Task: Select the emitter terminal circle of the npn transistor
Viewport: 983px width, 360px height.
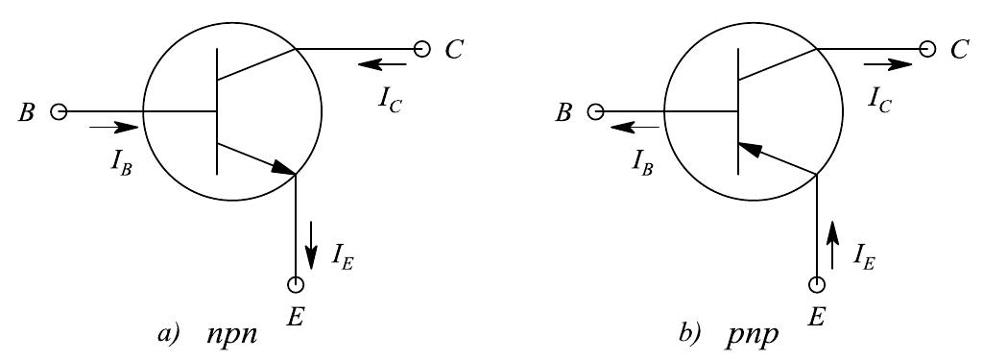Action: [x=296, y=285]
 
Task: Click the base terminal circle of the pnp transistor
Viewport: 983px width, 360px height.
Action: [x=596, y=112]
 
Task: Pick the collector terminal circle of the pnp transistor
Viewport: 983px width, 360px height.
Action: [x=926, y=49]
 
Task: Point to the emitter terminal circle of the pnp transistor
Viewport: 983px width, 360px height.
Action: [x=818, y=285]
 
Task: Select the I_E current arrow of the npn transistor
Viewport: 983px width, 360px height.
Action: [x=311, y=252]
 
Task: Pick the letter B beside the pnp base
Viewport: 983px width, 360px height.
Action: [x=564, y=112]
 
